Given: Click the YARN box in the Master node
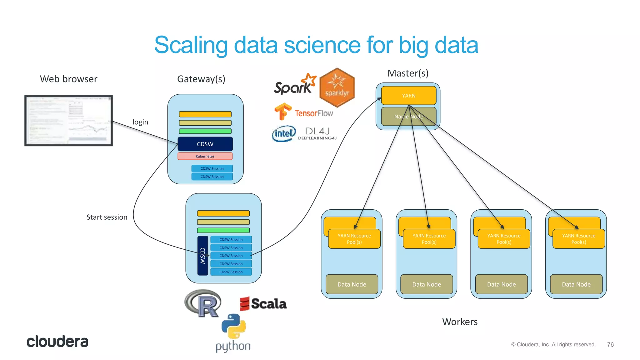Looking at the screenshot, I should point(408,96).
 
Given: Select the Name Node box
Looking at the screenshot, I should point(408,117).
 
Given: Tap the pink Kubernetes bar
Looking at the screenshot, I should point(205,156).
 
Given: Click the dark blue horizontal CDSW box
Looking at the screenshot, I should point(205,144).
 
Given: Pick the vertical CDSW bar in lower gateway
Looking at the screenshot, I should point(202,256).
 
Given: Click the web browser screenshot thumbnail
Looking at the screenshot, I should point(68,120).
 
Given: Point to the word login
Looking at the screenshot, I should point(140,122).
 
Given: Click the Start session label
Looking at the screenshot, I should point(107,217).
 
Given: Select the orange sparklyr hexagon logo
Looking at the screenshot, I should point(337,88).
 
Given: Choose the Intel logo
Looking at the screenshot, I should point(283,134).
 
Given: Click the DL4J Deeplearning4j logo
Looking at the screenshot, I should point(317,133).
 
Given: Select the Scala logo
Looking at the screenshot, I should point(263,304).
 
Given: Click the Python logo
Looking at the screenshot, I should point(233,333).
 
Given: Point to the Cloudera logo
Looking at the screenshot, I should point(57,342).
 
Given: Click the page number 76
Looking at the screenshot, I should point(610,344).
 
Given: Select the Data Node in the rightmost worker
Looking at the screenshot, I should point(576,284).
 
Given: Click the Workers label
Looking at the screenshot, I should point(460,322).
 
